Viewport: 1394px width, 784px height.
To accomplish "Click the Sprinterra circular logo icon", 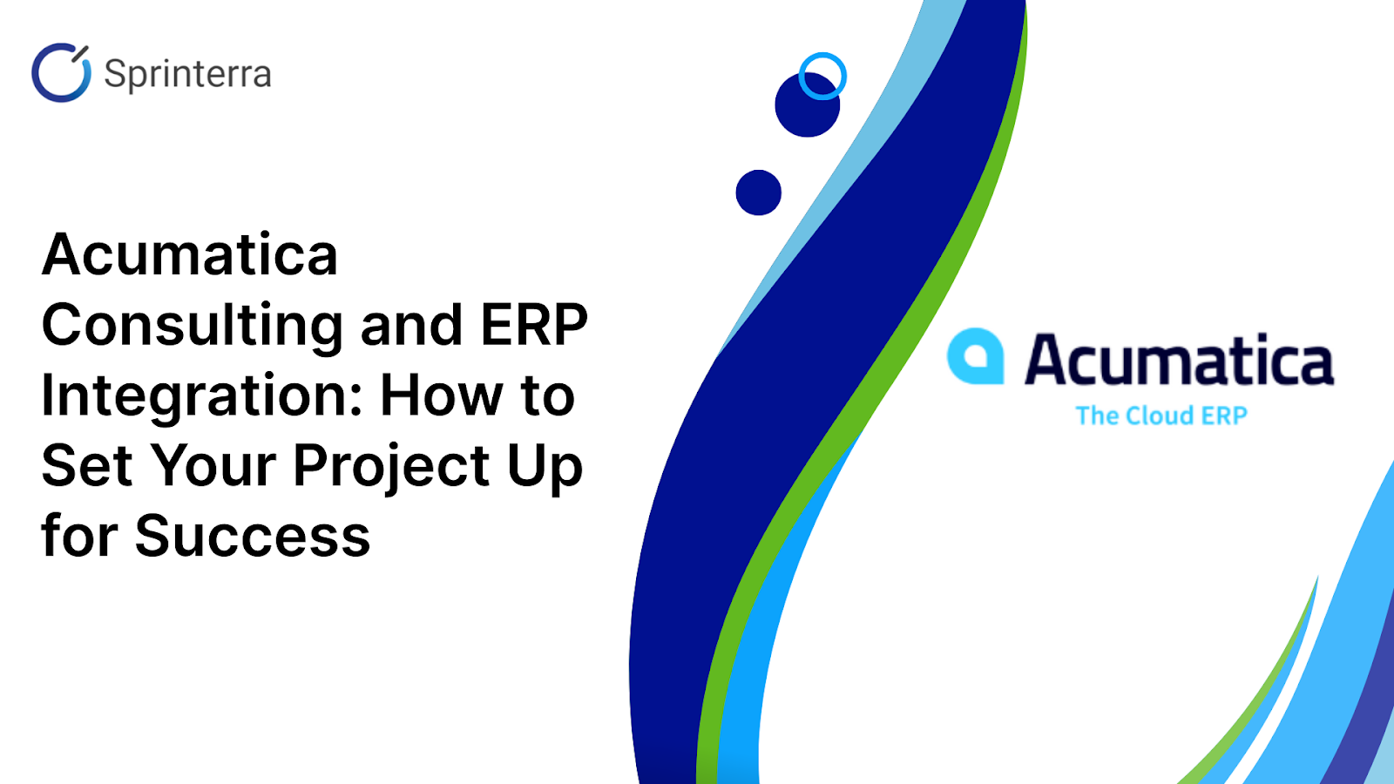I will coord(61,73).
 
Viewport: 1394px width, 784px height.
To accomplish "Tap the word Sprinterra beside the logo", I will coord(187,74).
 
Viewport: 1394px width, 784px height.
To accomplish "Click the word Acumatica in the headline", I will coord(190,255).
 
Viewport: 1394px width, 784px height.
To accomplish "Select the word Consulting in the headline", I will coord(193,326).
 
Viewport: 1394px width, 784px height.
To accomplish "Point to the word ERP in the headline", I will coord(534,325).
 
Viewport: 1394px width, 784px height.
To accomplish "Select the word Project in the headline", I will coord(391,467).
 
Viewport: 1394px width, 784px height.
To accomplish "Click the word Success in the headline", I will coord(253,537).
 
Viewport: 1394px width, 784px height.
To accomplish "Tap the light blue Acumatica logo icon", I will coord(975,356).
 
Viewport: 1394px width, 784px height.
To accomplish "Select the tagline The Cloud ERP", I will coord(1161,416).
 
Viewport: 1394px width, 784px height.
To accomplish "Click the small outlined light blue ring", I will coord(822,76).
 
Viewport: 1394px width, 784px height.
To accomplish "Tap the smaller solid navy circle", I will coord(758,193).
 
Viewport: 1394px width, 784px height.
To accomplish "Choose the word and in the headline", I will coord(410,326).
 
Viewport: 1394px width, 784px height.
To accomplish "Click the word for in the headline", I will coord(78,537).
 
